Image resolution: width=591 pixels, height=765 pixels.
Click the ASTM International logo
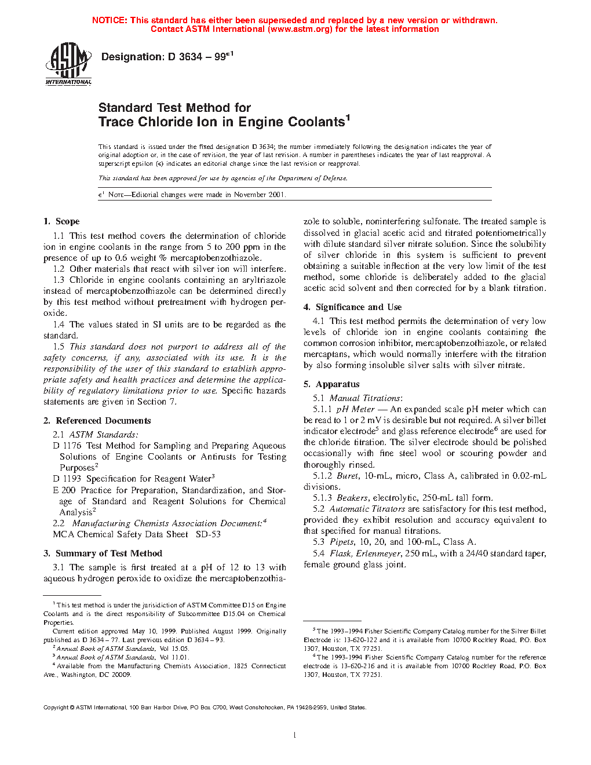68,64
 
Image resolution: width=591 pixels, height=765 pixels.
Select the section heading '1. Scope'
61,221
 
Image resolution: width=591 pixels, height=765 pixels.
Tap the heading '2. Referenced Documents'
97,421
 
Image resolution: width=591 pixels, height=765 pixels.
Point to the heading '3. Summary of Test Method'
103,553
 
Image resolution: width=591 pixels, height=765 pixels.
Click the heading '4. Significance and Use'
352,307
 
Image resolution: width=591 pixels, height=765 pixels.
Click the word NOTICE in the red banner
109,20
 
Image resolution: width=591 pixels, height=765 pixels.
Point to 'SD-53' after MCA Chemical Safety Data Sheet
208,534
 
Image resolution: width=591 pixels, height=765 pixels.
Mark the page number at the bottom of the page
295,735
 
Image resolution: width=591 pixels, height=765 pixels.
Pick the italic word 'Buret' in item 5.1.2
348,476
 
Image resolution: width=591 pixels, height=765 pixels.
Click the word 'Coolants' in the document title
316,122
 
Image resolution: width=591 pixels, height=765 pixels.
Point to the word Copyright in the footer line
56,708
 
